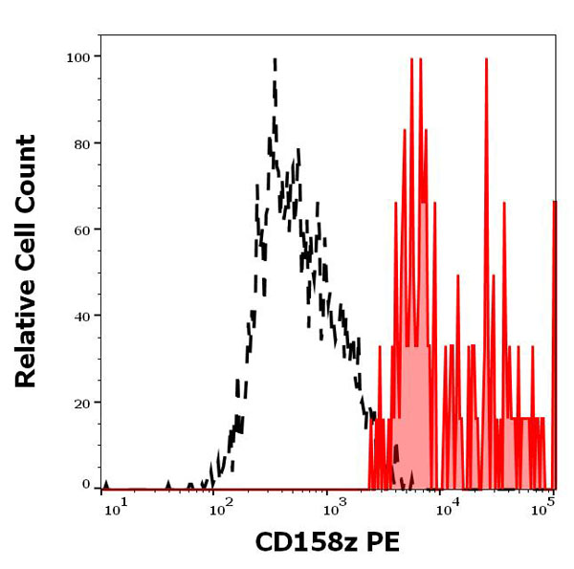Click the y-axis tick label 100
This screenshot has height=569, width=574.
click(77, 57)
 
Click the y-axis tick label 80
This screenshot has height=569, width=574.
click(81, 143)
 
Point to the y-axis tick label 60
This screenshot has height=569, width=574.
click(81, 230)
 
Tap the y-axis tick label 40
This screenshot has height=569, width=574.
click(81, 316)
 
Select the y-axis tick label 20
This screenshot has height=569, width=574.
click(81, 402)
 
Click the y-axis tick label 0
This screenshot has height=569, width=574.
click(86, 485)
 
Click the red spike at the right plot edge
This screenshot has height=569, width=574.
click(554, 202)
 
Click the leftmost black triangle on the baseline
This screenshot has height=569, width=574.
click(106, 486)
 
